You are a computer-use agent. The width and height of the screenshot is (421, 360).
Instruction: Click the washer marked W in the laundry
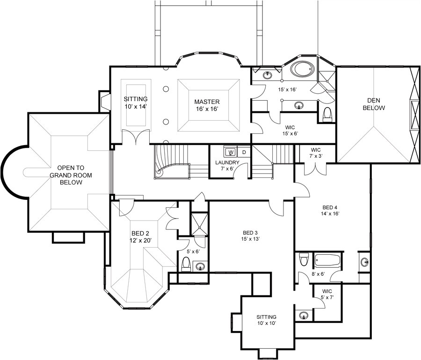(231, 152)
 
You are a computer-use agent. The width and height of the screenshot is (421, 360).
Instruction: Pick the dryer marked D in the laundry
(244, 152)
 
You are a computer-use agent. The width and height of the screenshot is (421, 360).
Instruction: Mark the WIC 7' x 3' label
(313, 153)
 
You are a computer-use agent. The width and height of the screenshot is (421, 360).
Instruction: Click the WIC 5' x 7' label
(327, 294)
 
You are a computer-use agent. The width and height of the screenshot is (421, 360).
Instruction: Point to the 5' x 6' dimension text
(193, 252)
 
